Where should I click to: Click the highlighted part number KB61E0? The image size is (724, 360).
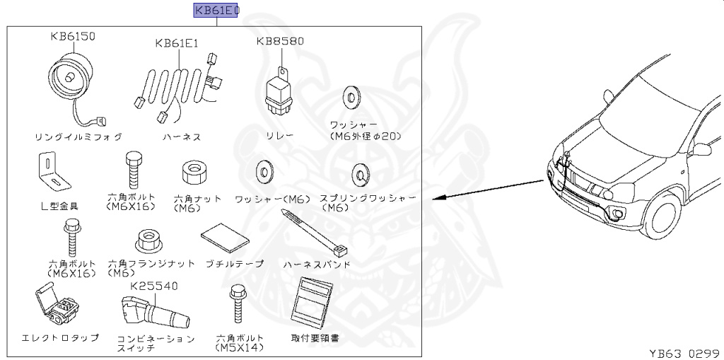pos(216,11)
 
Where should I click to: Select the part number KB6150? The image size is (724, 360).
pos(72,35)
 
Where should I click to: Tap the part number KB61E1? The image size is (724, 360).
pos(177,43)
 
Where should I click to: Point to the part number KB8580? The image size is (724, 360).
pos(280,41)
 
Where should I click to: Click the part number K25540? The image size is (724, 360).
pos(154,286)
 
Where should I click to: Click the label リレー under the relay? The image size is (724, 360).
pos(279,134)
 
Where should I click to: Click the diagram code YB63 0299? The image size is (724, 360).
pos(683,352)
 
